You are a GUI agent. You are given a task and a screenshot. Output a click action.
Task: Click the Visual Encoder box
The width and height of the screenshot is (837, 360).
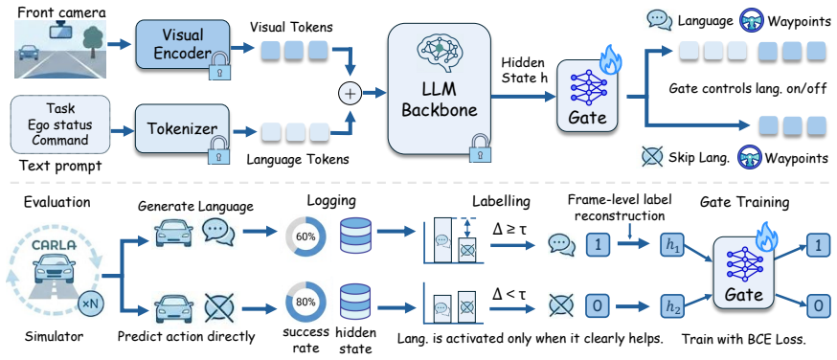click(183, 46)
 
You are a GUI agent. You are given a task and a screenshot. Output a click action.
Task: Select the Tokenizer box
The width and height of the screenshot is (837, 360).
click(183, 129)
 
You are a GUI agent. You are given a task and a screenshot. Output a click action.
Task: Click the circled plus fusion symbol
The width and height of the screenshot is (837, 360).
click(350, 93)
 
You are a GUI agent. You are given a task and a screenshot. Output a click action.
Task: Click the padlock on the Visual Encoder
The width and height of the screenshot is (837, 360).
click(216, 66)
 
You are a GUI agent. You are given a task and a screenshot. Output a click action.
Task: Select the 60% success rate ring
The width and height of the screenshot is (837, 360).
click(302, 236)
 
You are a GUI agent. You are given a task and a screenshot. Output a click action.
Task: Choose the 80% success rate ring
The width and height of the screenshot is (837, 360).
click(302, 301)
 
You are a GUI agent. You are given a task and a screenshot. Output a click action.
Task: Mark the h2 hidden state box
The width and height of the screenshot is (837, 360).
click(671, 306)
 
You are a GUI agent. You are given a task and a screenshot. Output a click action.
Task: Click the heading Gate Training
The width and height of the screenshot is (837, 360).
click(746, 202)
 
